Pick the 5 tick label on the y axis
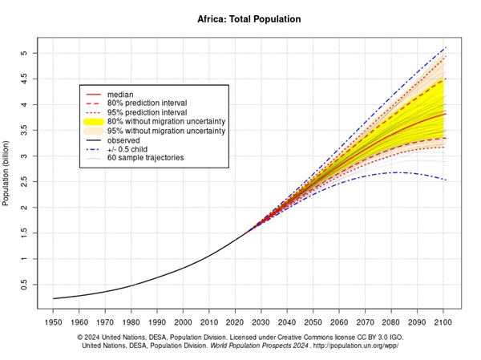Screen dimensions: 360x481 coord(24,53)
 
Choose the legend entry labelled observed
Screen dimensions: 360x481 coord(123,140)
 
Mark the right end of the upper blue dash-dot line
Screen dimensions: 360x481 coord(446,48)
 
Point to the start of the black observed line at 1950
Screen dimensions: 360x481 coord(54,299)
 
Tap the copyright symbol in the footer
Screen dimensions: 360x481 coord(81,338)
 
